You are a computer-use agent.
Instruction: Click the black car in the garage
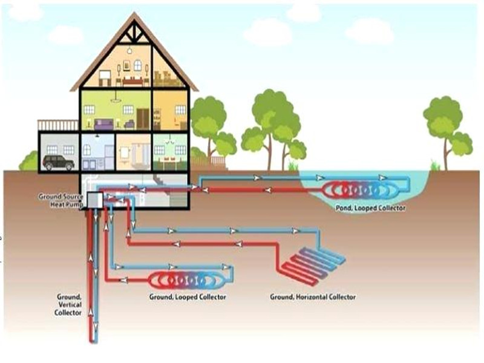point(59,162)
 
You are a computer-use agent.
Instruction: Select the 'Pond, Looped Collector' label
point(370,208)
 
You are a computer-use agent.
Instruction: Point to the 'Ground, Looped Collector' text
point(188,297)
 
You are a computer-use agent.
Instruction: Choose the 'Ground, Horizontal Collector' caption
point(312,297)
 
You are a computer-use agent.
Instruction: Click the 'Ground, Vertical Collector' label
point(68,304)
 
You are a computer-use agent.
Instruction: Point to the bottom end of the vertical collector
point(93,339)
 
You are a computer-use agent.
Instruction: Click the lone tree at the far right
point(446,124)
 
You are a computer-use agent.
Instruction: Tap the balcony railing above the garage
point(58,125)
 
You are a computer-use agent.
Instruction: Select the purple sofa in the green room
point(104,123)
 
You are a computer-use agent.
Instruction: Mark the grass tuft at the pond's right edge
point(434,165)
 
